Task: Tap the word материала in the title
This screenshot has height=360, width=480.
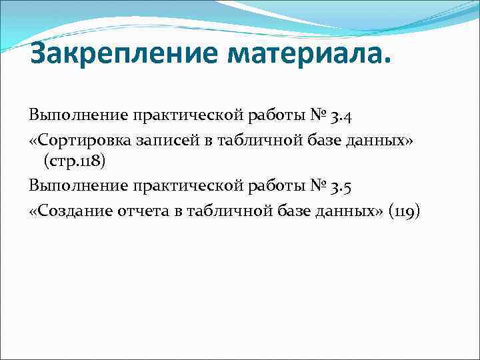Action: coord(305,54)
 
